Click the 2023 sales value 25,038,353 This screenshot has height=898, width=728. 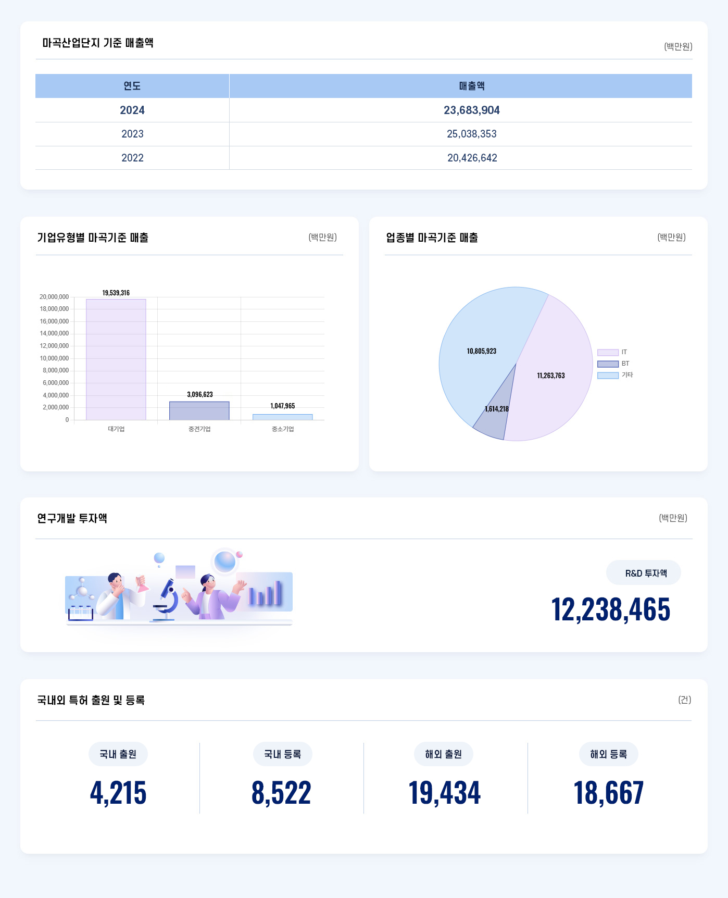pyautogui.click(x=471, y=134)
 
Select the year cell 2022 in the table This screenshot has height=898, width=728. pyautogui.click(x=132, y=158)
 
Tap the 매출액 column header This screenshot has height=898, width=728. pyautogui.click(x=471, y=86)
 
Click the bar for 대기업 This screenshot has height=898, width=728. pyautogui.click(x=116, y=359)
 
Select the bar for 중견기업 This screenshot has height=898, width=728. pyautogui.click(x=199, y=410)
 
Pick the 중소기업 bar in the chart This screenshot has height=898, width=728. pyautogui.click(x=282, y=417)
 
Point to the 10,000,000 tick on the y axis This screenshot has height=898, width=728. pyautogui.click(x=54, y=358)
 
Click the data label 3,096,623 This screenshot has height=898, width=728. pyautogui.click(x=200, y=394)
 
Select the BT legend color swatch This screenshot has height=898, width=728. pyautogui.click(x=608, y=364)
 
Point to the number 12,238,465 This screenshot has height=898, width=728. pyautogui.click(x=610, y=609)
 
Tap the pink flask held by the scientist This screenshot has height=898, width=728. pyautogui.click(x=141, y=584)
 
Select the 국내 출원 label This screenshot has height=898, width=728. pyautogui.click(x=118, y=754)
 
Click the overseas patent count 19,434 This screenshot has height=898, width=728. pyautogui.click(x=444, y=793)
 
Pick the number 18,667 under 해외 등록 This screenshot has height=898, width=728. pyautogui.click(x=608, y=793)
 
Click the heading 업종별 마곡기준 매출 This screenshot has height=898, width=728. pyautogui.click(x=432, y=238)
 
